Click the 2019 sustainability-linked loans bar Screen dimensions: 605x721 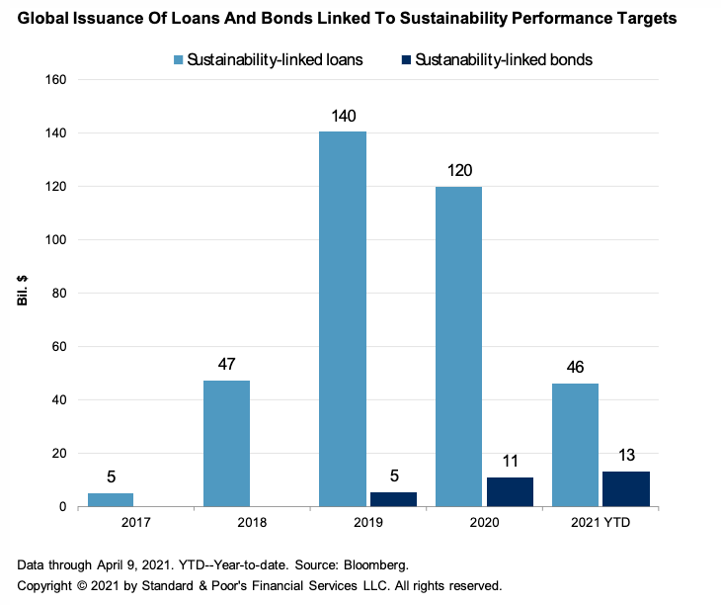pos(342,318)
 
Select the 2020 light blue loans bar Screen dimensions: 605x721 pos(458,346)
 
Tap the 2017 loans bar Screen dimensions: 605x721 pos(110,499)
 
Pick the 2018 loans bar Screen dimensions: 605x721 pos(226,443)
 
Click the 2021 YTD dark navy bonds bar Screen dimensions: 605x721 pos(626,488)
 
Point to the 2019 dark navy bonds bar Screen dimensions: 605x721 pos(393,499)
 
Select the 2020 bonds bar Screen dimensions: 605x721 pos(510,491)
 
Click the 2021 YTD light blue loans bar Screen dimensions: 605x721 pos(575,445)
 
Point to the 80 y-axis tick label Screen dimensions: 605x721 pos(57,293)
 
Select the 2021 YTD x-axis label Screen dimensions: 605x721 pos(601,522)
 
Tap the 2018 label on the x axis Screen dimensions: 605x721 pos(252,522)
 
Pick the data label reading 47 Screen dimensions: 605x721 pos(226,365)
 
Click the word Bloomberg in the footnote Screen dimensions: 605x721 pos(371,564)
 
